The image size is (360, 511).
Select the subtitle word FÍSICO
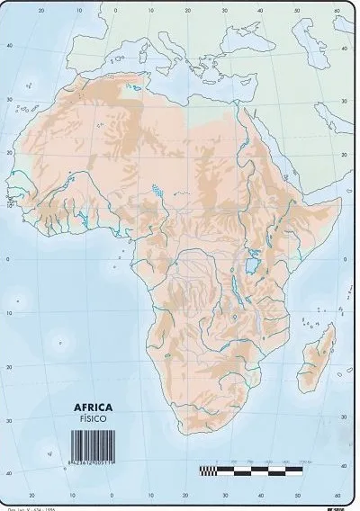94,419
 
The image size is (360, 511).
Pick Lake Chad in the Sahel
159,191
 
